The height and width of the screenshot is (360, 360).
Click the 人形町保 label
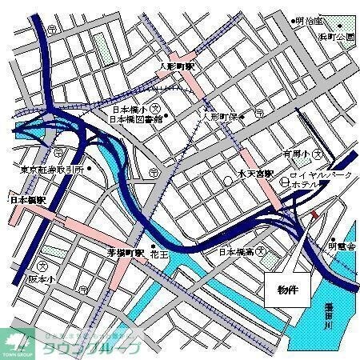point(222,116)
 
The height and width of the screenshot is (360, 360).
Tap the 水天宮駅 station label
point(256,174)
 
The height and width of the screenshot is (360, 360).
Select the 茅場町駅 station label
point(126,251)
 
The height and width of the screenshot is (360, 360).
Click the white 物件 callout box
point(286,289)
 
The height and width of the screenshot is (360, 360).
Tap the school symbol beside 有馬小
point(318,153)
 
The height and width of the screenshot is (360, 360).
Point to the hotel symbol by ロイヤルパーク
point(286,182)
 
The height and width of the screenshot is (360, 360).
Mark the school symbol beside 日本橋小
point(159,108)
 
